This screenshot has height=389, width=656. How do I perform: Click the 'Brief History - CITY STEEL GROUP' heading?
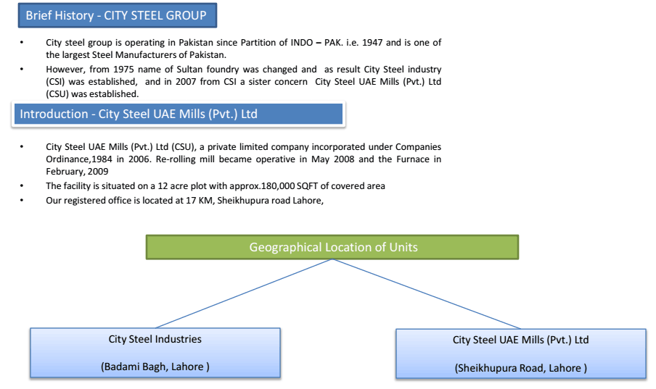(117, 15)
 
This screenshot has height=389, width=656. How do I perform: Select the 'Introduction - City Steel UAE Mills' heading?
(179, 114)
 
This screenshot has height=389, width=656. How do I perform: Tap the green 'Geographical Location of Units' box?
(332, 247)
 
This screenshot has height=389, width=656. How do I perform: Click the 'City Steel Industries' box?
(155, 353)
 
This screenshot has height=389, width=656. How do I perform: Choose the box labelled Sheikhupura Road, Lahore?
(521, 354)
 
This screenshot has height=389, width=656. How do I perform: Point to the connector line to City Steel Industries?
(245, 293)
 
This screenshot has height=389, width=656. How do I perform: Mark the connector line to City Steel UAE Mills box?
(427, 293)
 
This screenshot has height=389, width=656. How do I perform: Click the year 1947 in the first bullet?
(372, 43)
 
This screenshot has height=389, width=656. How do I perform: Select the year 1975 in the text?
(123, 70)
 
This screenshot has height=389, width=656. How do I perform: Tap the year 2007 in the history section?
(186, 81)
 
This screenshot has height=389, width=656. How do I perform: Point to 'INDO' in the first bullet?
(302, 43)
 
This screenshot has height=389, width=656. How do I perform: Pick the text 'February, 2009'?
(77, 171)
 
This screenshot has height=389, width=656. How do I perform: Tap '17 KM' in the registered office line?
(199, 201)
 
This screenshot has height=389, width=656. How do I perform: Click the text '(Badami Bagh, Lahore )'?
(155, 367)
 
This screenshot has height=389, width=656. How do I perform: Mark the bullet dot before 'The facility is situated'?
(22, 186)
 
